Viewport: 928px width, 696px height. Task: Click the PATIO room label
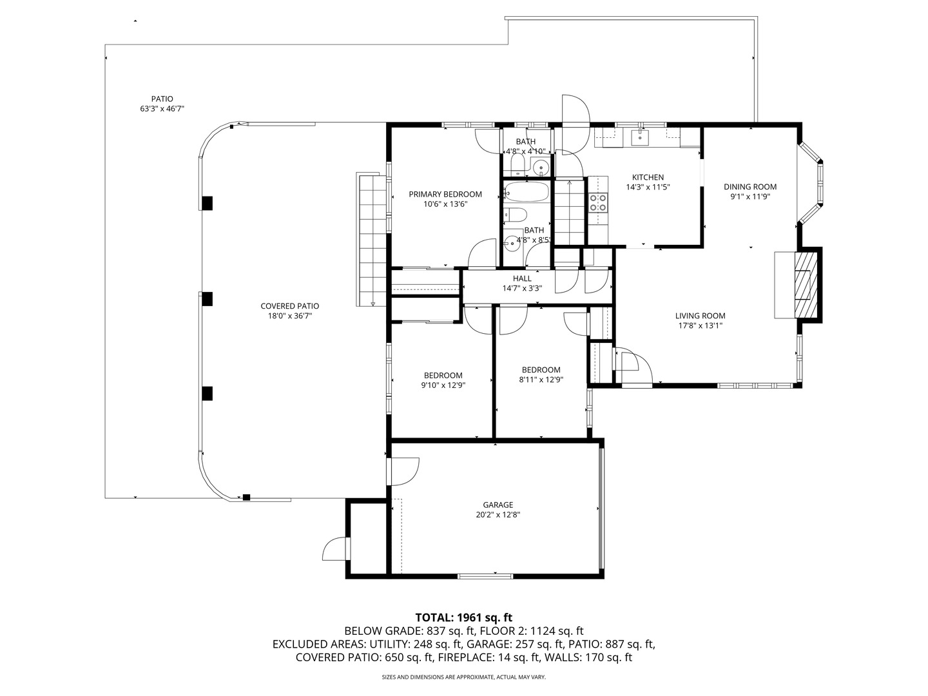coord(162,99)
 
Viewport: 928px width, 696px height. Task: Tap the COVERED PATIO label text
coord(289,306)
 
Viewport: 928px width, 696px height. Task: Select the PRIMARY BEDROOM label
coord(445,195)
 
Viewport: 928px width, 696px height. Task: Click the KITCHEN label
coord(648,178)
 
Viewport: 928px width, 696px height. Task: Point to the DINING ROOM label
coord(750,187)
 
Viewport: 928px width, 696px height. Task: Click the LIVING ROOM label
coord(700,316)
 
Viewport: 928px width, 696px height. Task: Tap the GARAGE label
coord(498,505)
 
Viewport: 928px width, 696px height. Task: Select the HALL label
coord(522,278)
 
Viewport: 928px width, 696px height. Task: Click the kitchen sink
coord(640,137)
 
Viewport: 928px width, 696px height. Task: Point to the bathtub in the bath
coord(526,192)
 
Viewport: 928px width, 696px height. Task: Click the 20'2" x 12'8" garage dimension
coord(498,515)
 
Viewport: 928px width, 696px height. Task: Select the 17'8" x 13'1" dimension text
coord(700,326)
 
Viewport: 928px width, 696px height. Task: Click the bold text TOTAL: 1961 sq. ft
coord(463,617)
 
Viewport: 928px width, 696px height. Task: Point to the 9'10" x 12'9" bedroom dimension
coord(443,385)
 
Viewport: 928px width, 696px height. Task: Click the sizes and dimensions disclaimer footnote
coord(463,677)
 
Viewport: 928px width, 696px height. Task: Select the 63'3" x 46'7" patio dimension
coord(162,109)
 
